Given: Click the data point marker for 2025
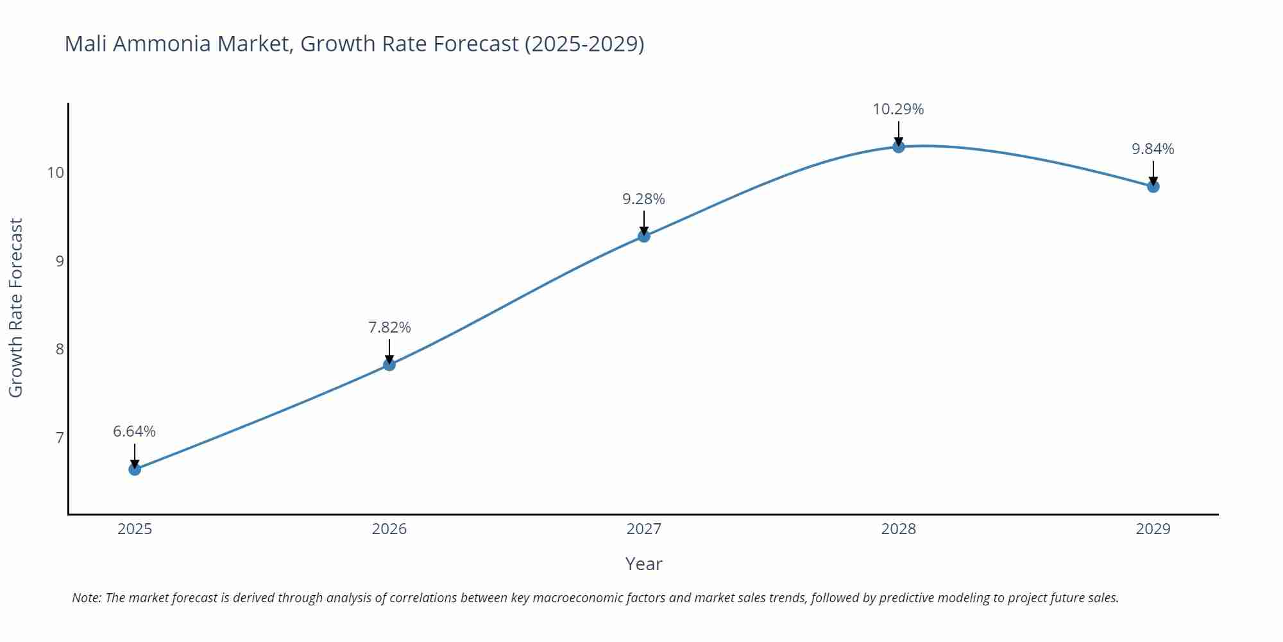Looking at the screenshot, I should click(x=135, y=469).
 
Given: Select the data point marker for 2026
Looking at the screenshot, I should click(x=389, y=365).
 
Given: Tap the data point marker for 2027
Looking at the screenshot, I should click(x=644, y=236).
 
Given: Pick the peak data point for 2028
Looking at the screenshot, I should click(x=899, y=146).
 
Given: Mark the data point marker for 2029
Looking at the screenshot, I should click(x=1153, y=187).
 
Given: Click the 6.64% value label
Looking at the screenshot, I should click(x=135, y=431).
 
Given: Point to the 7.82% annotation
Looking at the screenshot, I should click(x=389, y=327).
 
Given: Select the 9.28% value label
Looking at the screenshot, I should click(x=644, y=199).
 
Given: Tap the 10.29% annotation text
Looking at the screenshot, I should click(x=898, y=109).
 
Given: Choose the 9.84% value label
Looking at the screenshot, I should click(x=1153, y=149).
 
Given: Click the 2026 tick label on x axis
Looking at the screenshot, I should click(x=389, y=529).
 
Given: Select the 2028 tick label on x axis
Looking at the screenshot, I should click(x=899, y=529).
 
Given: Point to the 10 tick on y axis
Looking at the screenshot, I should click(x=56, y=173).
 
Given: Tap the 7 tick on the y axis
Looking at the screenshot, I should click(x=60, y=438).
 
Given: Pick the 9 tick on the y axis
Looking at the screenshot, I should click(x=60, y=261).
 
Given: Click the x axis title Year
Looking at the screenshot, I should click(x=643, y=564).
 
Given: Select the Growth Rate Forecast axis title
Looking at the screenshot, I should click(x=16, y=308).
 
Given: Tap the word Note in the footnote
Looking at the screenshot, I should click(x=86, y=598).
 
